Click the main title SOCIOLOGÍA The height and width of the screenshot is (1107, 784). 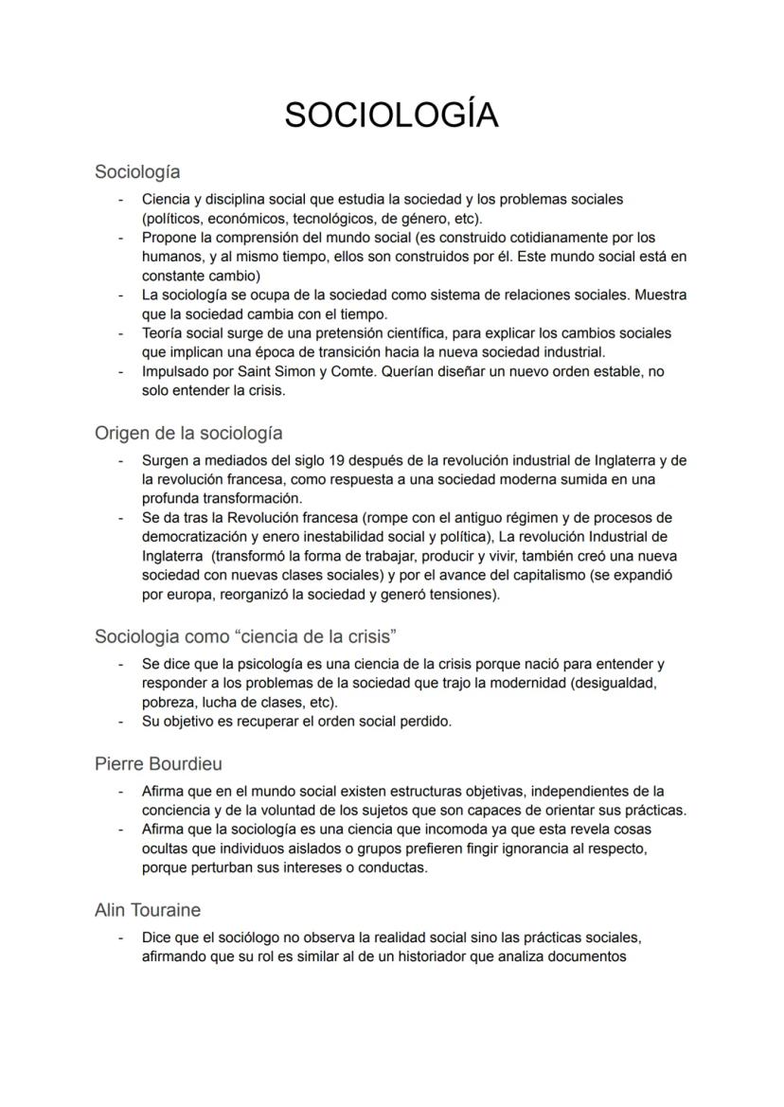391,115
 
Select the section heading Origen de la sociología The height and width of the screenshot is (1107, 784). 188,433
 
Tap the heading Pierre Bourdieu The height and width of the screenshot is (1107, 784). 158,763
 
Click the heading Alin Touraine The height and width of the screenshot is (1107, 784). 148,910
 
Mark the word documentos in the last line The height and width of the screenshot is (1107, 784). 579,956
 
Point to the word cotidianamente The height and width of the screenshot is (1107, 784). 516,238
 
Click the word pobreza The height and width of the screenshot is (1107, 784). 169,702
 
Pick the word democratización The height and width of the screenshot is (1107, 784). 197,536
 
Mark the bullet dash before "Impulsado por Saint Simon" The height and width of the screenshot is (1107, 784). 120,371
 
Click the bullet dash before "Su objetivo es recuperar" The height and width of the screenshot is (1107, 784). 120,721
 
